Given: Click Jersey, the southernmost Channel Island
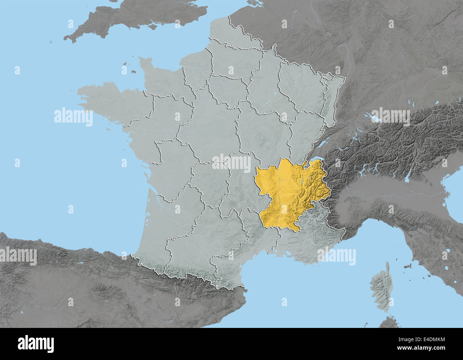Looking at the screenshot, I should coord(133,72).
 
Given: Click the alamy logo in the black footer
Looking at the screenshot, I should coord(36,344).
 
